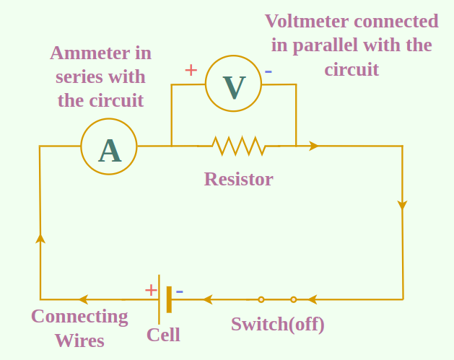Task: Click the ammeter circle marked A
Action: pos(109,146)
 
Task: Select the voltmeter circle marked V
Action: pos(233,84)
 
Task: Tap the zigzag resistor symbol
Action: pos(239,146)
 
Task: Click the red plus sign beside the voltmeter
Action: pos(191,70)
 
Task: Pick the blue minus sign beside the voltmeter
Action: pos(269,71)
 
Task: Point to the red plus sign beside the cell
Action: pos(151,290)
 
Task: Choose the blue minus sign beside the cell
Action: pos(180,291)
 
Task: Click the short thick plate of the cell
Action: pos(169,299)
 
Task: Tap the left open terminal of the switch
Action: pos(261,299)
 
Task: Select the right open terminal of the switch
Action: pos(294,299)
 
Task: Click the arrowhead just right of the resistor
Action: pos(313,146)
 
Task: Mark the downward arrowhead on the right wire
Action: pos(402,206)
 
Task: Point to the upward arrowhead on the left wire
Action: pos(40,238)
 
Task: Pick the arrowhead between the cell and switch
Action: pos(207,299)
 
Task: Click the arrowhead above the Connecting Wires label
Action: pos(83,299)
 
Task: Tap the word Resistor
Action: pos(238,179)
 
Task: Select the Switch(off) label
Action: pos(277,324)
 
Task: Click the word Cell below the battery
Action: pos(163,335)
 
